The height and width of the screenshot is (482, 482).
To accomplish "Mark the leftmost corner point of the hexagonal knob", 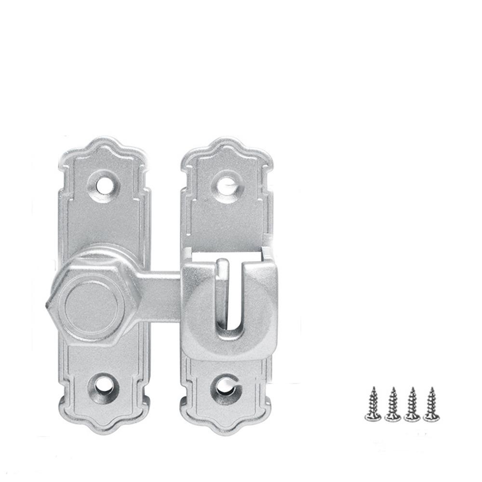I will tap(47, 305).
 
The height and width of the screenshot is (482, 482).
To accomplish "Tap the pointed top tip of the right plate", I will tap(227, 140).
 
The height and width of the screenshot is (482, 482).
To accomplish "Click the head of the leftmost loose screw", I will tap(373, 416).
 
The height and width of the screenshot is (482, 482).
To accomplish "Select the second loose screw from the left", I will tap(392, 405).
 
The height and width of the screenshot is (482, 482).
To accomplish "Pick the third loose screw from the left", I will tap(411, 405).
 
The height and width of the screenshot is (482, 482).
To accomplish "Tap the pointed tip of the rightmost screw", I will tap(431, 388).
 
